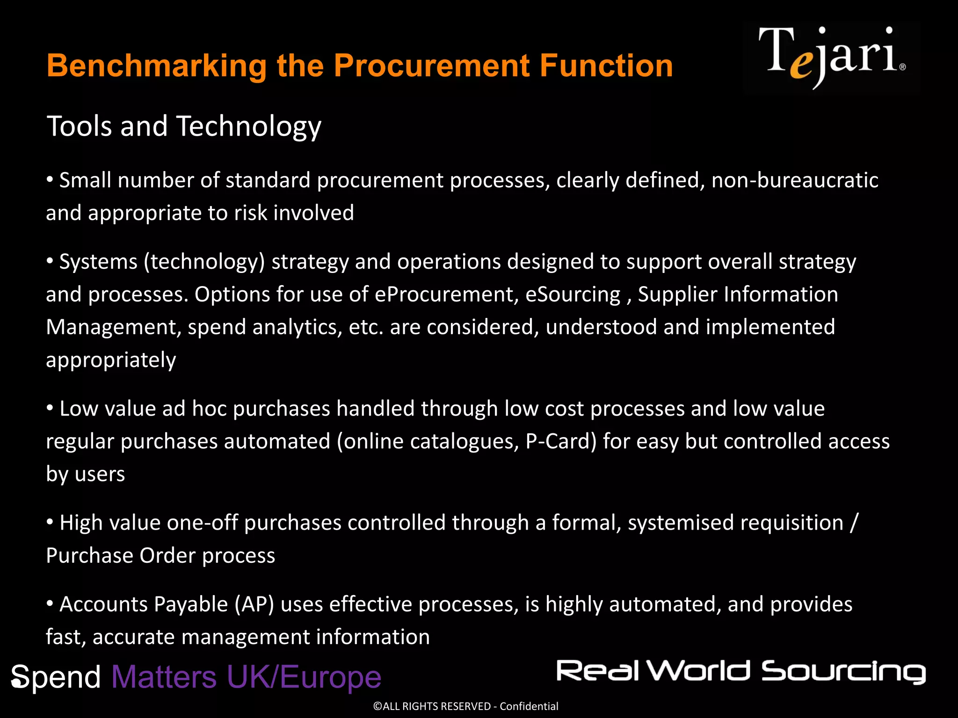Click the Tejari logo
point(832,57)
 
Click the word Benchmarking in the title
point(157,65)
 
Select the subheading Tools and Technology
point(184,126)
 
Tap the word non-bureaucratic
point(795,180)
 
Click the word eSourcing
point(573,294)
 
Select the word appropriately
point(111,360)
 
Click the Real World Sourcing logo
point(741,672)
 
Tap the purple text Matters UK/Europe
point(246,677)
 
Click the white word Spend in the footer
point(56,677)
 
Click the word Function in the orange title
point(606,65)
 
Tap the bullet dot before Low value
point(50,408)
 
